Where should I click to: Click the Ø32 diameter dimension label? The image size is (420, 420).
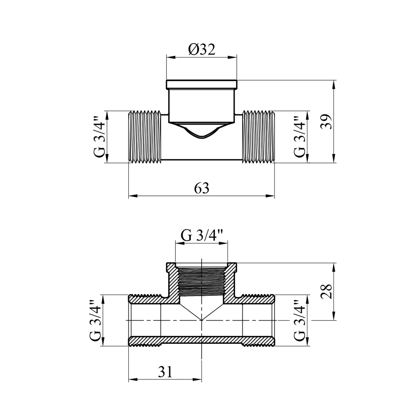(202, 50)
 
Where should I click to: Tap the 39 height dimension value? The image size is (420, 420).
(326, 122)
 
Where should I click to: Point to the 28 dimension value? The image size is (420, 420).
(326, 291)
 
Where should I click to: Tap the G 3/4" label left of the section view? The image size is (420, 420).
(95, 320)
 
